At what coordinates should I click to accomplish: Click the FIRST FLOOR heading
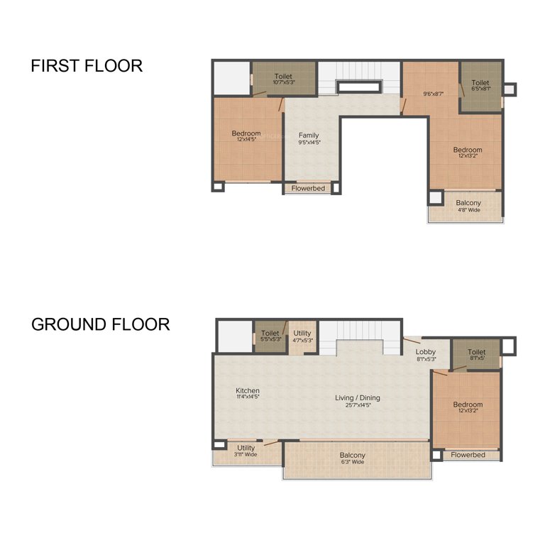pyautogui.click(x=87, y=66)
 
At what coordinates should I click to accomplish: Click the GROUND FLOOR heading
pyautogui.click(x=100, y=325)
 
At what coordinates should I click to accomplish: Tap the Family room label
pyautogui.click(x=309, y=136)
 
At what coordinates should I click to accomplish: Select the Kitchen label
pyautogui.click(x=248, y=391)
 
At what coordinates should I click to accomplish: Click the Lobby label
pyautogui.click(x=426, y=352)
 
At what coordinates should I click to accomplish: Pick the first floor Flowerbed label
pyautogui.click(x=308, y=189)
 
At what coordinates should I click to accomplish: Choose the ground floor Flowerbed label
pyautogui.click(x=468, y=455)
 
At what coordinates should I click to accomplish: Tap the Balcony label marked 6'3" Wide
pyautogui.click(x=353, y=456)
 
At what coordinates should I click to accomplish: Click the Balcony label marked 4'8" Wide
pyautogui.click(x=468, y=204)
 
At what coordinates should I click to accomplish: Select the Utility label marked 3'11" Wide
pyautogui.click(x=246, y=448)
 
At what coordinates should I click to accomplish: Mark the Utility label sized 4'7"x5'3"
pyautogui.click(x=302, y=334)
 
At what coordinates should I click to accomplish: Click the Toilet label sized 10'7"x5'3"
pyautogui.click(x=283, y=77)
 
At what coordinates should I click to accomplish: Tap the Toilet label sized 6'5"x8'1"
pyautogui.click(x=480, y=83)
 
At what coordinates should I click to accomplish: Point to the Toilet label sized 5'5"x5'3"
pyautogui.click(x=270, y=334)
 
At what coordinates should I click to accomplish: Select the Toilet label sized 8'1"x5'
pyautogui.click(x=477, y=352)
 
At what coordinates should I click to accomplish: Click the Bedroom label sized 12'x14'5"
pyautogui.click(x=246, y=133)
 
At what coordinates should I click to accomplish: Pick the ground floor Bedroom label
pyautogui.click(x=468, y=405)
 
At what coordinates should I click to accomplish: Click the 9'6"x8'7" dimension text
pyautogui.click(x=433, y=93)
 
